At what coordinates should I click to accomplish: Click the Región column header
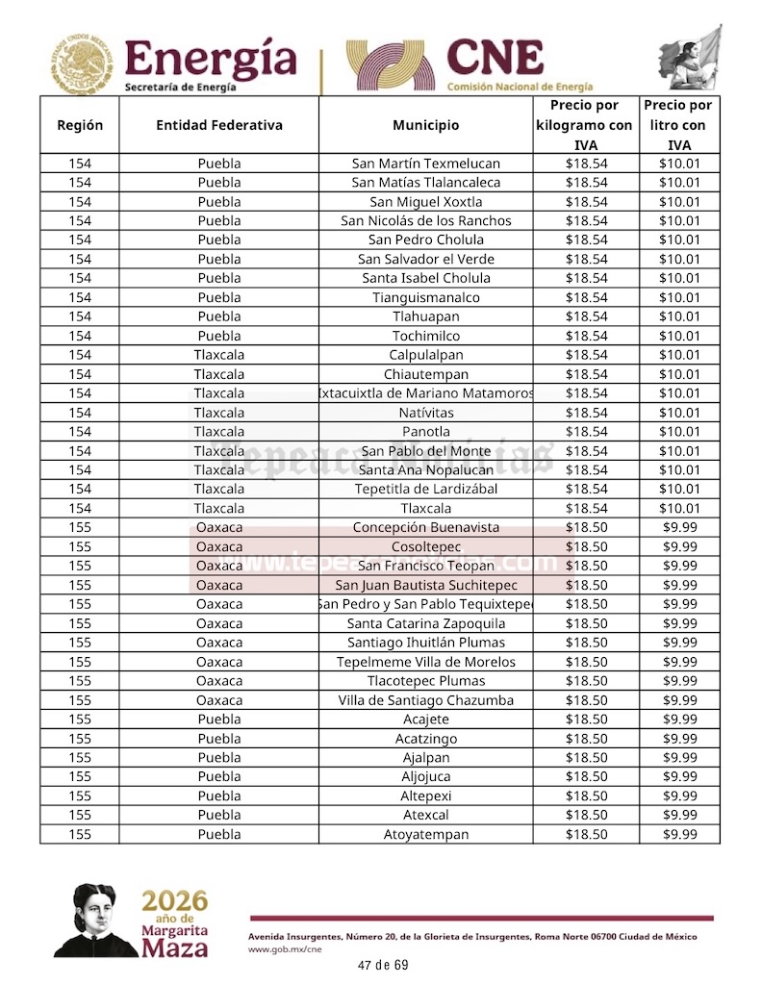pos(80,125)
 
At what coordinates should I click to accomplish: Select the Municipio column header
pos(425,125)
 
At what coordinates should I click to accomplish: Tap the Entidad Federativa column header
pos(219,125)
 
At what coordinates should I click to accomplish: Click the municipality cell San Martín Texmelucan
pos(425,164)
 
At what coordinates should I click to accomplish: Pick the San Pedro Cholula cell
pos(425,240)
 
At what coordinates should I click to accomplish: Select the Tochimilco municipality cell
pos(425,336)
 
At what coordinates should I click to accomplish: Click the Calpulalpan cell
pos(425,355)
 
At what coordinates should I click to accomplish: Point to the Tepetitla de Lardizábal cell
pos(425,489)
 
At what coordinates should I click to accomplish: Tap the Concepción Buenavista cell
pos(425,527)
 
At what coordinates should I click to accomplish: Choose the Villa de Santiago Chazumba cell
pos(425,700)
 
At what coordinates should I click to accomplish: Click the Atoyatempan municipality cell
pos(425,834)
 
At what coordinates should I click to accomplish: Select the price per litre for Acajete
pos(679,720)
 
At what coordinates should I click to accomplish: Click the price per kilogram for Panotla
pos(586,431)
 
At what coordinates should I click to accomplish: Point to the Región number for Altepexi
pos(80,796)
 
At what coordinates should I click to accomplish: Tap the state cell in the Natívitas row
pos(219,413)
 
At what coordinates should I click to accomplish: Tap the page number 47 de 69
pos(382,965)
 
